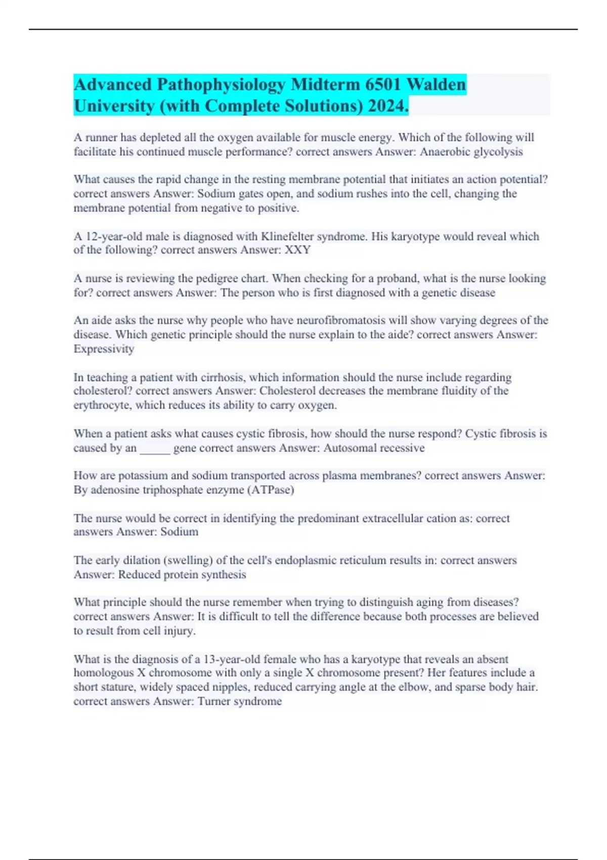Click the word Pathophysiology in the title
coord(221,84)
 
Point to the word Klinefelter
coord(287,236)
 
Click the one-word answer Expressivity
coord(104,349)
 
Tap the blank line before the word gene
coord(155,448)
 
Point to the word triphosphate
coord(171,490)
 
